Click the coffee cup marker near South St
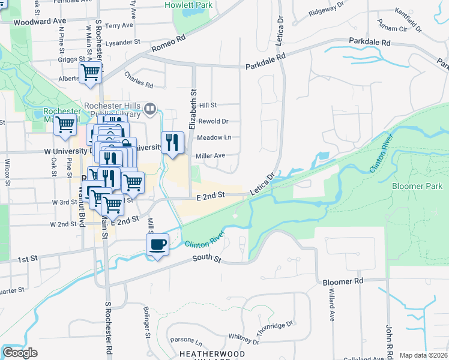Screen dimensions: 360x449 [157, 245]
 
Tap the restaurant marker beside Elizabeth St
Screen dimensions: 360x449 [172, 143]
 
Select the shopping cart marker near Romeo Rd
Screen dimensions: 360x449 [90, 73]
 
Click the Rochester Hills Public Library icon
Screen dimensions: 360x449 [150, 110]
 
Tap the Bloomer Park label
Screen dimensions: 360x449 [417, 186]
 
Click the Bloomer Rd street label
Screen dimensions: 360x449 [343, 281]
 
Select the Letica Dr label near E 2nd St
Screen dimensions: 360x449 [262, 184]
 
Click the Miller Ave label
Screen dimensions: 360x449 [210, 155]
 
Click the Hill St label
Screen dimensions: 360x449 [208, 104]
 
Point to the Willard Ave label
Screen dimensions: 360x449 [331, 307]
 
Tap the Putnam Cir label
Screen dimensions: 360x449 [393, 28]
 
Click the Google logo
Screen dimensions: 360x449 [20, 353]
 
